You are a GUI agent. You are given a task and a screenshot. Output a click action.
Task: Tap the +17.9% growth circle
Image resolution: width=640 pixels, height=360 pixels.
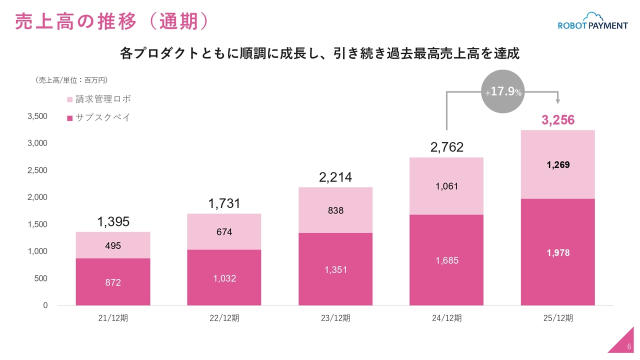503,92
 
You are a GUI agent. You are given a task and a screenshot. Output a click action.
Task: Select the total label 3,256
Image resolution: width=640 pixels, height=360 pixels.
558,120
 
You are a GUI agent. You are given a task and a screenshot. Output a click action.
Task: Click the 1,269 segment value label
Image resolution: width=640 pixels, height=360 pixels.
558,165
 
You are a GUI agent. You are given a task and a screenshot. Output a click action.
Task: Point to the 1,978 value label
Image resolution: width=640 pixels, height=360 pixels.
558,253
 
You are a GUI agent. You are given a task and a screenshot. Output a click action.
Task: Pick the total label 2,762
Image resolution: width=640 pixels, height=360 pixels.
446,147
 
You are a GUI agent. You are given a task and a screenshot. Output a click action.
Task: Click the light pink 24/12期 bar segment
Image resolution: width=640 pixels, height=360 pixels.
446,186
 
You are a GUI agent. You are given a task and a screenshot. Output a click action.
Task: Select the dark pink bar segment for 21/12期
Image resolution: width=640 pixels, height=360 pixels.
113,281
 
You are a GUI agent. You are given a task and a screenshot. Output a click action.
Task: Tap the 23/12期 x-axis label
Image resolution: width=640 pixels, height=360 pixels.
335,318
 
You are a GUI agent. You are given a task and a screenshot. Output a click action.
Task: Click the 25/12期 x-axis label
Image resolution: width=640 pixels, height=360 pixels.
558,318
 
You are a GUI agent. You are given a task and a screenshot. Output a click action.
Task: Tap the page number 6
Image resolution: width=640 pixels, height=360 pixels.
629,347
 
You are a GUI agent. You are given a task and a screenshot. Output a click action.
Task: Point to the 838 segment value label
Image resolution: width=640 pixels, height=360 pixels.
335,210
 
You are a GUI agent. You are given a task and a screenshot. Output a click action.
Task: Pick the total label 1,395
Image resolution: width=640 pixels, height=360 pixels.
113,222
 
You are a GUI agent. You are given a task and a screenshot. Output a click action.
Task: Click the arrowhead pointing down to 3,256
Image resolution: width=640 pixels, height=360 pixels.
558,102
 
